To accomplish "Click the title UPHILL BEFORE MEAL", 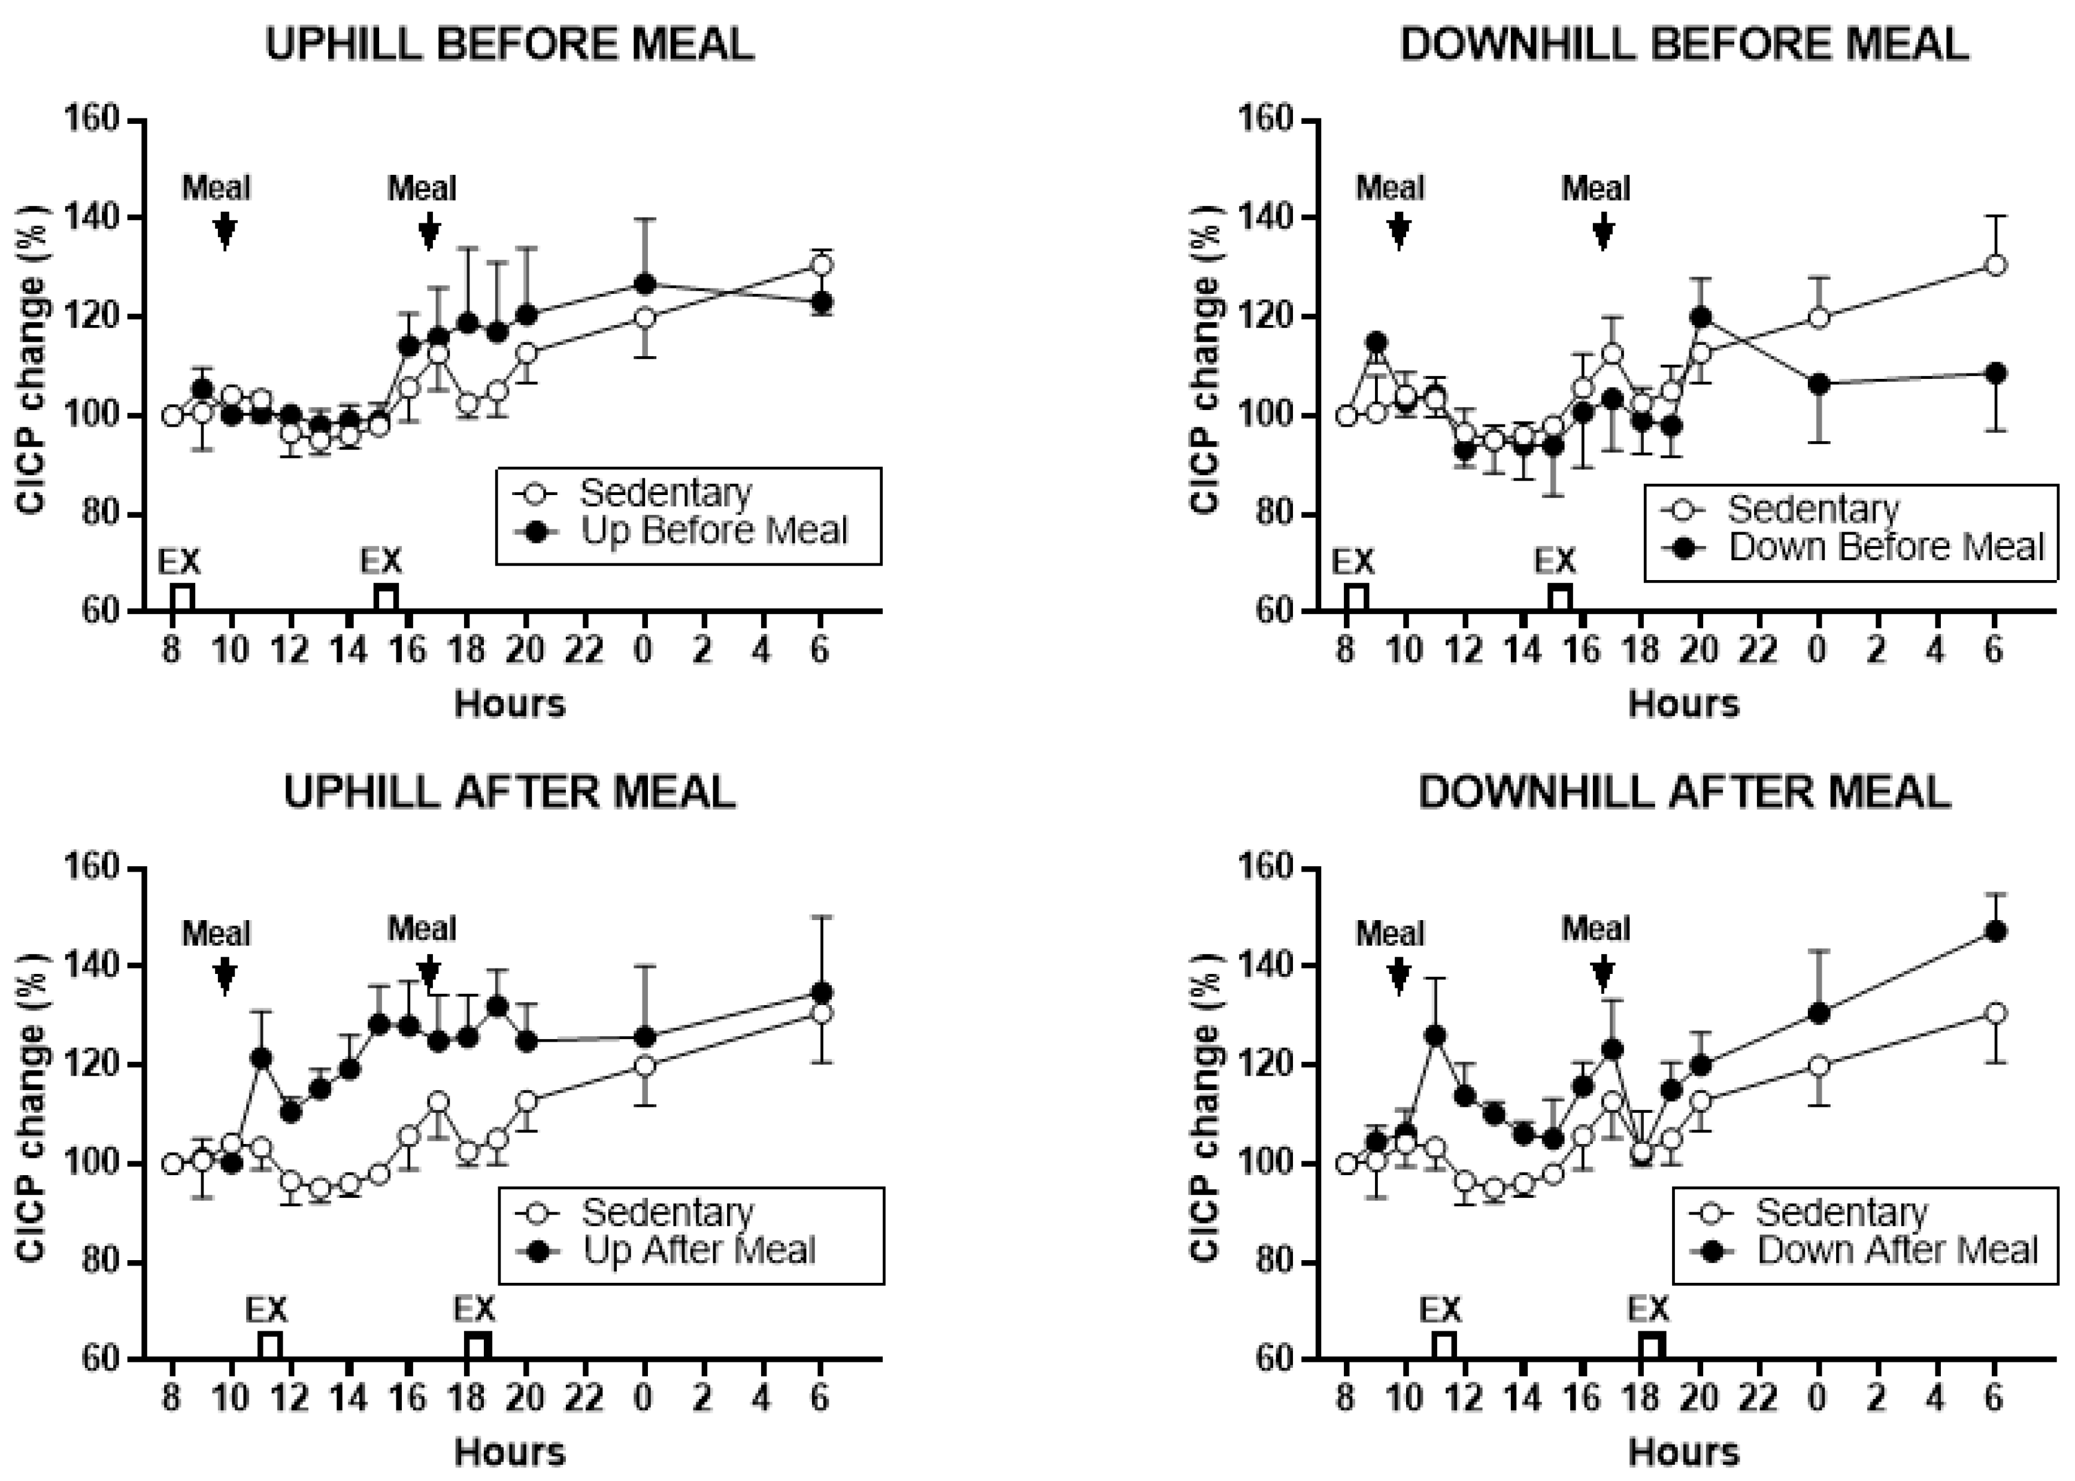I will click(509, 44).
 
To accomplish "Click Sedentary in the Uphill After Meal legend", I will click(668, 1212).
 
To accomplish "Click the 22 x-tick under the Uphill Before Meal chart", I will click(584, 650).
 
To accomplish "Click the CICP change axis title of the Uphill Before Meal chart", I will click(32, 365).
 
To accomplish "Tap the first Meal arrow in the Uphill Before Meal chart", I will click(225, 232).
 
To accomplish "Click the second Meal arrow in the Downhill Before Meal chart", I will click(1603, 232).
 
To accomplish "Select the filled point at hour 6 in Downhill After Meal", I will click(1995, 931).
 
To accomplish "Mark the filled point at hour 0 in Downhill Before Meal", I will click(1817, 384).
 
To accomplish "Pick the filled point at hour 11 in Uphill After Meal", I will click(261, 1058).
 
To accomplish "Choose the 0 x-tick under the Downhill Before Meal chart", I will click(1817, 650).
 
